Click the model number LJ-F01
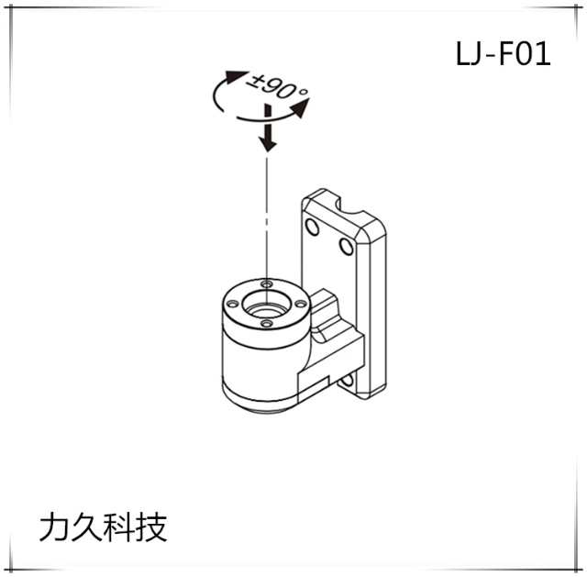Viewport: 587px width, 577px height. (x=503, y=55)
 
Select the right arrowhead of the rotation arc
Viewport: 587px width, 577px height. (x=300, y=110)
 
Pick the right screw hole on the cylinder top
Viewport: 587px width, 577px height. (x=299, y=303)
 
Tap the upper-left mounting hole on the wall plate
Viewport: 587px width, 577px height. (x=312, y=227)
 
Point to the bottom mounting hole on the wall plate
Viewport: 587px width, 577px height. (x=349, y=378)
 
